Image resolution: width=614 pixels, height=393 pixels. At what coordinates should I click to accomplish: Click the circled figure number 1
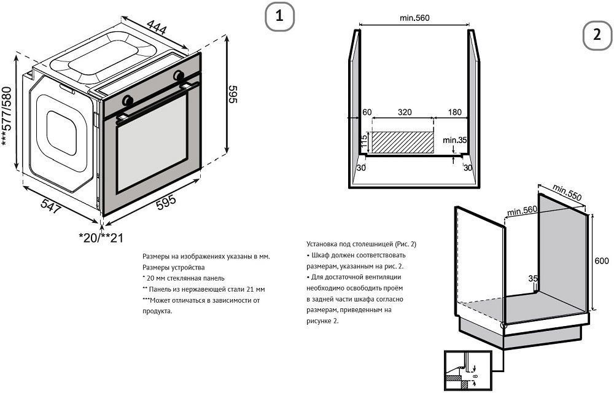tap(279, 17)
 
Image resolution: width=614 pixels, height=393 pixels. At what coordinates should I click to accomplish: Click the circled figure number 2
tap(597, 35)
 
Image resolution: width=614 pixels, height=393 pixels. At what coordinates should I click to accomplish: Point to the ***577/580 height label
tap(7, 116)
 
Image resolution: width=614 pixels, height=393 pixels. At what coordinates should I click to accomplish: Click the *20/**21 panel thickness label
tap(101, 238)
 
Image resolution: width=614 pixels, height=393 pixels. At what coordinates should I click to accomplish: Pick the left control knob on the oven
tap(128, 100)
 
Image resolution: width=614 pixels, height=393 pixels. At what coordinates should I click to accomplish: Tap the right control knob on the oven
tap(179, 75)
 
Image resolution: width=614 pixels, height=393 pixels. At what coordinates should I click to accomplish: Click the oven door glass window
tap(152, 143)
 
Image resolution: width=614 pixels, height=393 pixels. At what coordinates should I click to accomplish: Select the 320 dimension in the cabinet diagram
tap(405, 112)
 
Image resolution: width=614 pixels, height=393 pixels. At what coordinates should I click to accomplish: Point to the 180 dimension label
tap(454, 112)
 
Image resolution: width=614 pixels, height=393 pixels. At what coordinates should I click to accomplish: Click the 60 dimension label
tap(367, 112)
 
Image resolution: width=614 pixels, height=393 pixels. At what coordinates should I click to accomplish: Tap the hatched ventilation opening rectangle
tap(402, 142)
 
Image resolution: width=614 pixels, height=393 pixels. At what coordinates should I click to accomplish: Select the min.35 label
tap(454, 140)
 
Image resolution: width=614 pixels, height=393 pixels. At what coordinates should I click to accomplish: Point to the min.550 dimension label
tap(567, 192)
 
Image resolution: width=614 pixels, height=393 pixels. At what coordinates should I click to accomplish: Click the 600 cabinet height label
tap(602, 261)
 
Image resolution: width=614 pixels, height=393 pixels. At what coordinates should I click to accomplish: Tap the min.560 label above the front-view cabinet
tap(414, 18)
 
